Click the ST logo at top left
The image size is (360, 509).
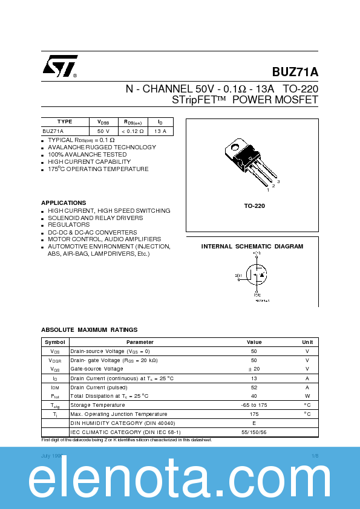(x=59, y=66)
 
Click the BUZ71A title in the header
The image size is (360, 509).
(x=295, y=72)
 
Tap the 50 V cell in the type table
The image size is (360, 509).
(x=103, y=131)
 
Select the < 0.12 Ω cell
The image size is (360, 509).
(x=133, y=131)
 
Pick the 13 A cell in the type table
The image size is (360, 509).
(x=160, y=131)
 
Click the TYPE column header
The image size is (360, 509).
(x=65, y=122)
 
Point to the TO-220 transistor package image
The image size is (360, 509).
(x=247, y=160)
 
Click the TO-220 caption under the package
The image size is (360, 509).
(x=254, y=206)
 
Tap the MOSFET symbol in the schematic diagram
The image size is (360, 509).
(x=255, y=276)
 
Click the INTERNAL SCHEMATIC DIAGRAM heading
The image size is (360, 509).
(x=252, y=247)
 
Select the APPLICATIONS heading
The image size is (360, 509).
(x=64, y=203)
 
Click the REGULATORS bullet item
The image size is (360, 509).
(x=68, y=225)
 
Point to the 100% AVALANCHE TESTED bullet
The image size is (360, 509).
(x=87, y=154)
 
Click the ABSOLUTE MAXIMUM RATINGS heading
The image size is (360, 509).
(x=89, y=329)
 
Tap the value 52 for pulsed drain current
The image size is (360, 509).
(x=254, y=387)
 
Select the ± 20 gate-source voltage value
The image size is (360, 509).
(x=254, y=369)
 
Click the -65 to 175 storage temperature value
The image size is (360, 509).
(x=254, y=405)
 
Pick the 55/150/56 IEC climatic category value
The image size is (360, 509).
(x=254, y=432)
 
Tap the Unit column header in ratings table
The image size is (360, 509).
(x=307, y=342)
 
